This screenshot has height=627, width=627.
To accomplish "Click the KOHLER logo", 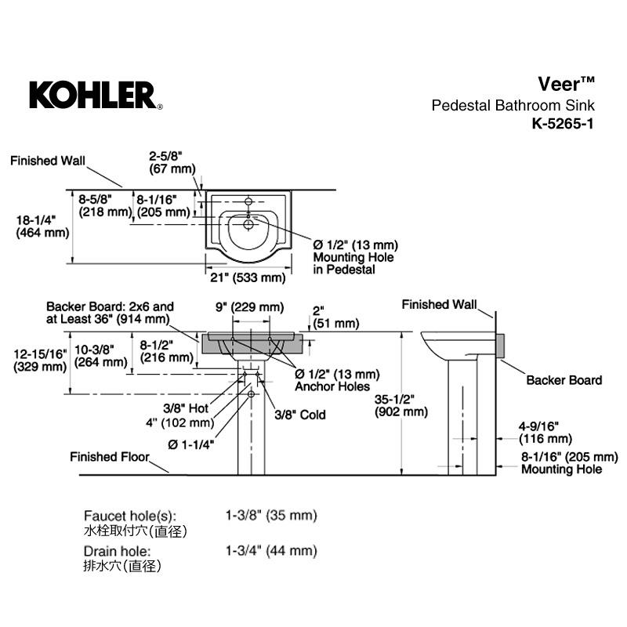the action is pyautogui.click(x=96, y=95).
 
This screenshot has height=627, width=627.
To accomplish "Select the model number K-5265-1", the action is pyautogui.click(x=563, y=124).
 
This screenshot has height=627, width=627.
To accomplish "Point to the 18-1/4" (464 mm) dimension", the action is pyautogui.click(x=42, y=227).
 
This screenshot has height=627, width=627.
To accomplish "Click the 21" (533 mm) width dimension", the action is pyautogui.click(x=248, y=277).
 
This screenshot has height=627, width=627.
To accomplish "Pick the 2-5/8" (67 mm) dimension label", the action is pyautogui.click(x=172, y=162).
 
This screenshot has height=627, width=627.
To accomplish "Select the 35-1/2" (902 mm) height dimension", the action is pyautogui.click(x=401, y=405).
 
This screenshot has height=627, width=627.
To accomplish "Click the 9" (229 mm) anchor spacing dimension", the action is pyautogui.click(x=250, y=307).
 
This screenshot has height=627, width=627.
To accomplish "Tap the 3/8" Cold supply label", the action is pyautogui.click(x=300, y=415).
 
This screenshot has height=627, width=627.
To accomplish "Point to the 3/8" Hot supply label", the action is pyautogui.click(x=186, y=408).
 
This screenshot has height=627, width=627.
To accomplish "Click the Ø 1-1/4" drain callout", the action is pyautogui.click(x=190, y=444).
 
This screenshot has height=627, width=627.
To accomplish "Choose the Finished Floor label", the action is pyautogui.click(x=110, y=457).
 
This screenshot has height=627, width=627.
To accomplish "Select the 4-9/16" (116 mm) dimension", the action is pyautogui.click(x=545, y=433).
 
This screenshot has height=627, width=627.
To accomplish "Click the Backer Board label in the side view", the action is pyautogui.click(x=564, y=380).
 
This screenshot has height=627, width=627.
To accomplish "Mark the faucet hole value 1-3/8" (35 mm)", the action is pyautogui.click(x=271, y=515).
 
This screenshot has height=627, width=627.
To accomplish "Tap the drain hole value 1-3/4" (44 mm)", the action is pyautogui.click(x=271, y=551).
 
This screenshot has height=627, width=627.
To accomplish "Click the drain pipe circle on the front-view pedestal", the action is pyautogui.click(x=251, y=394).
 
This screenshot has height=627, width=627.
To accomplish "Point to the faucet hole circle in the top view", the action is pyautogui.click(x=248, y=201).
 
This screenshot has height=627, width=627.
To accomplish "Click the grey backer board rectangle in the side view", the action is pyautogui.click(x=500, y=346).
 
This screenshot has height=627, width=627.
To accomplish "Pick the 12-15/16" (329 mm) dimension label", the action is pyautogui.click(x=41, y=361).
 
